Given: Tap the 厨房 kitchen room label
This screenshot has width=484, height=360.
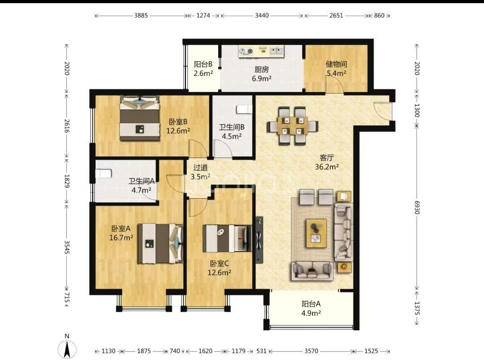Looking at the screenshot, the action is (261, 70).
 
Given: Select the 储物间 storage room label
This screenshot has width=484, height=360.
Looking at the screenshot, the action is (336, 64).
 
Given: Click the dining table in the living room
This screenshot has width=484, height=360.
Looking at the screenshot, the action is (293, 126).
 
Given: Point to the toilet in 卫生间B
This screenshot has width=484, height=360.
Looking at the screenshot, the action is (244, 109).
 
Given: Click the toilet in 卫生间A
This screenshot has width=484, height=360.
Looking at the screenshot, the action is (103, 174).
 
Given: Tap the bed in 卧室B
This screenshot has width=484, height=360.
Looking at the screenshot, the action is (140, 119).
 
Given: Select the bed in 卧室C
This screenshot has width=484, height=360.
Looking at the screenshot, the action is (227, 238).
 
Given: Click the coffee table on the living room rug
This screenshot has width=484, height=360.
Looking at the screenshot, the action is (316, 233).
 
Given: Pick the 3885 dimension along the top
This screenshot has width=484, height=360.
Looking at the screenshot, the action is (141, 15).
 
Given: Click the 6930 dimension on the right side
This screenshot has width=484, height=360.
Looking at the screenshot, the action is (417, 208).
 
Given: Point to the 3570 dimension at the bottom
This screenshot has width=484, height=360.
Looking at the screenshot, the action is (311, 351).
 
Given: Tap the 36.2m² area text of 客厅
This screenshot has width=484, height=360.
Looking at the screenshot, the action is (327, 167).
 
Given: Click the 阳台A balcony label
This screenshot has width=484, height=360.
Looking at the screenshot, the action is (311, 304).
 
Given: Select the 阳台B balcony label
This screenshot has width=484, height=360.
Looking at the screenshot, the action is (203, 64).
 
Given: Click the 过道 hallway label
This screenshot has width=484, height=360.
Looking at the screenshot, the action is (200, 167).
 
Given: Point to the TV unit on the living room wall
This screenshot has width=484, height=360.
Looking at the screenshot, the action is (259, 240).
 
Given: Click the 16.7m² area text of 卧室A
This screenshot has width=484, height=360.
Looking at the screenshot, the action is (121, 237).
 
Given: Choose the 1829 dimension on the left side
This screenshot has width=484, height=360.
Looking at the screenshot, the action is (67, 181).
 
